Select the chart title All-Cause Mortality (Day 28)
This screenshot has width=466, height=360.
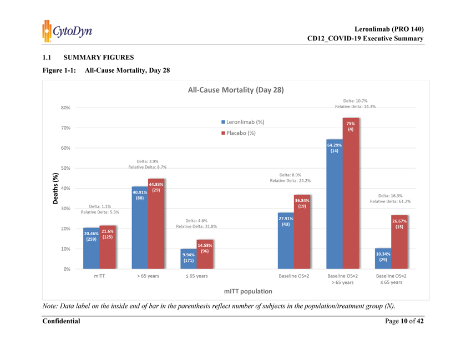click(x=236, y=90)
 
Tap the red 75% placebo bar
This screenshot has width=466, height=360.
click(x=351, y=194)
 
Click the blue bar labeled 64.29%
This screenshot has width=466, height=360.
click(x=335, y=205)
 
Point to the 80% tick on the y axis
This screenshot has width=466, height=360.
click(x=64, y=108)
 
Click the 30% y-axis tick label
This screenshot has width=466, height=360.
click(x=64, y=209)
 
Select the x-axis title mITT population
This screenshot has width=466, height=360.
click(x=247, y=291)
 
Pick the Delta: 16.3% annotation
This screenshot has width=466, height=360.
click(x=391, y=195)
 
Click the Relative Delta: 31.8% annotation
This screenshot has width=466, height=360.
click(x=196, y=226)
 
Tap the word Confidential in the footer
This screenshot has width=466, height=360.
click(x=61, y=321)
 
